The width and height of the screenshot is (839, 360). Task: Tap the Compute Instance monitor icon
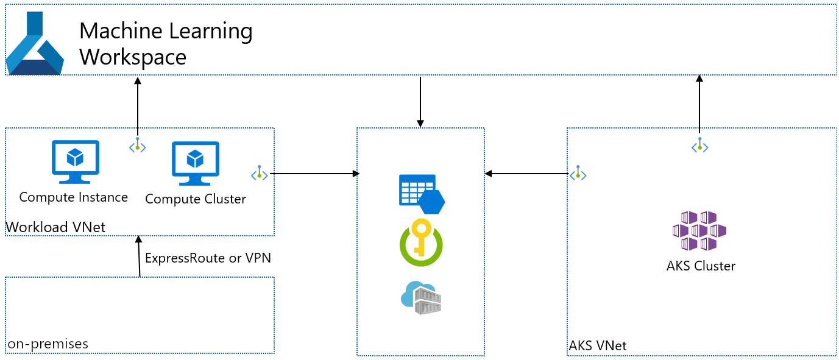tap(75, 161)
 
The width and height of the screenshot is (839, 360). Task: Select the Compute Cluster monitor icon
tap(195, 163)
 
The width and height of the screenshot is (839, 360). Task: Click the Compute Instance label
tap(74, 197)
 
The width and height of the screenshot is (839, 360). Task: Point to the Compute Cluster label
tap(196, 199)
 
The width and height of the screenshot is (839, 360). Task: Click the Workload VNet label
tap(55, 227)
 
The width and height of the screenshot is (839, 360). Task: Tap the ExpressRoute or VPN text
tap(208, 258)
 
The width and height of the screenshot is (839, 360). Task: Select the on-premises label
tap(48, 344)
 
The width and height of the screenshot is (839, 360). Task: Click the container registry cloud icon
tap(421, 297)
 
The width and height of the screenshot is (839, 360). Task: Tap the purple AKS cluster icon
tap(699, 231)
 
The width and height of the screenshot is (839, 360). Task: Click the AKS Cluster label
tap(701, 266)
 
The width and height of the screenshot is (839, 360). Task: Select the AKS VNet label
tap(598, 346)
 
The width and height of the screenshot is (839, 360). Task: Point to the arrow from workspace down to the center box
tap(420, 102)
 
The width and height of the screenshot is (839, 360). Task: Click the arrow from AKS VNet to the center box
tap(526, 174)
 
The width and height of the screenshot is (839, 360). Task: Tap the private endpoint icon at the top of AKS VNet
tap(699, 145)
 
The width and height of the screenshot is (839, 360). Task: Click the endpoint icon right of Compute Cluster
tap(260, 174)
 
